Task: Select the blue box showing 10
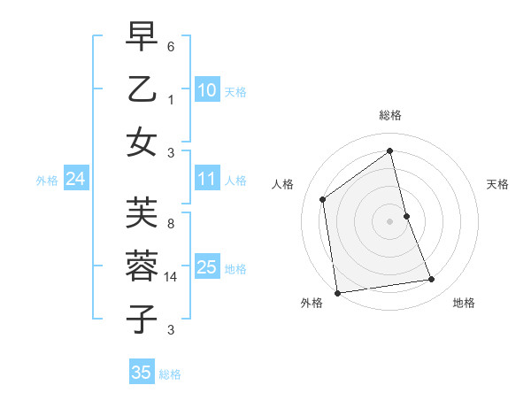pos(206,90)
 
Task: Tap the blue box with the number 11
pos(206,180)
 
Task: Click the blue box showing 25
pos(206,268)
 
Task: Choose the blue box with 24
pos(75,180)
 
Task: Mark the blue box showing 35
pos(141,373)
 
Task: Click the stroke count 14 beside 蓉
pos(171,277)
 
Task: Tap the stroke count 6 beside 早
pos(171,46)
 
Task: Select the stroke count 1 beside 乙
pos(171,99)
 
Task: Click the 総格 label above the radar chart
pos(389,115)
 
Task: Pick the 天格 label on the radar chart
pos(497,184)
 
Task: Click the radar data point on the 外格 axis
pos(336,292)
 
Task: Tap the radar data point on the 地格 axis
pos(432,280)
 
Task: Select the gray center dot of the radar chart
pos(389,220)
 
